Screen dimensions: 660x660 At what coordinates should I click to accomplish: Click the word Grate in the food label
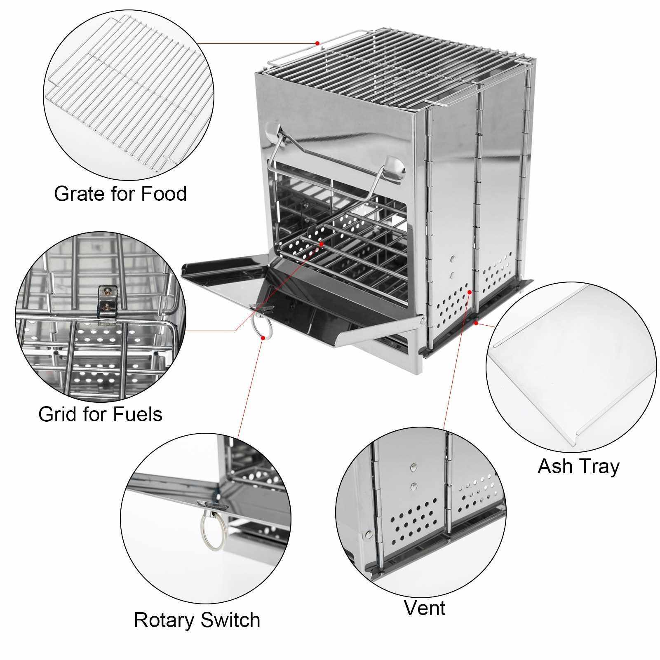click(78, 194)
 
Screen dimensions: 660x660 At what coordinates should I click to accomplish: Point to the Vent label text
click(425, 608)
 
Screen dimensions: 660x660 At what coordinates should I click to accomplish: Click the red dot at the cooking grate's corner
click(317, 43)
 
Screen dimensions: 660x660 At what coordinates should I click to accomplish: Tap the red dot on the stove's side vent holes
click(470, 291)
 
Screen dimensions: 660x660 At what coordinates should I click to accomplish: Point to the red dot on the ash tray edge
click(477, 324)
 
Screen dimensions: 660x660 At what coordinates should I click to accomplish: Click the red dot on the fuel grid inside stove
click(321, 244)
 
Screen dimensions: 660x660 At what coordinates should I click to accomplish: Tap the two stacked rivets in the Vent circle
click(413, 477)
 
